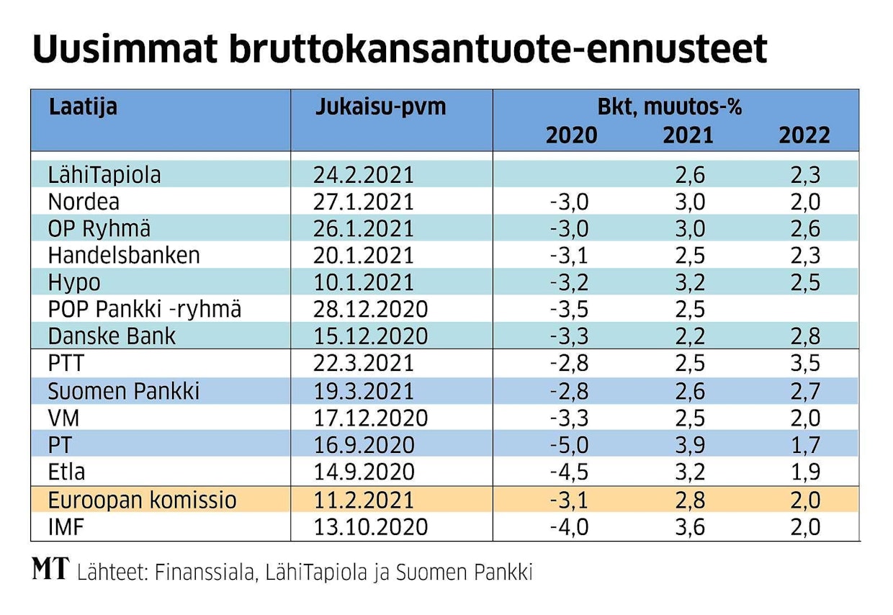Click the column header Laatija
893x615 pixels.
pyautogui.click(x=83, y=107)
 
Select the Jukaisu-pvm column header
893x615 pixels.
pyautogui.click(x=380, y=107)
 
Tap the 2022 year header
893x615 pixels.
pyautogui.click(x=804, y=135)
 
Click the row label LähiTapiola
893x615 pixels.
pyautogui.click(x=104, y=175)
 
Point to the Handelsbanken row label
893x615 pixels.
pyautogui.click(x=124, y=255)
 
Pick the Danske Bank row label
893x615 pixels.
pyautogui.click(x=112, y=336)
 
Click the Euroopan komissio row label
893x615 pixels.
pyautogui.click(x=142, y=500)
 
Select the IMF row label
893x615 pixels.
pyautogui.click(x=66, y=526)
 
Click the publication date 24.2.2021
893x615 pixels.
pyautogui.click(x=364, y=175)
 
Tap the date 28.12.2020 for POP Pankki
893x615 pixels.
pyautogui.click(x=370, y=309)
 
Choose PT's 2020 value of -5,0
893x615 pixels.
pyautogui.click(x=569, y=445)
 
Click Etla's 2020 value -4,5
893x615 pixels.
pyautogui.click(x=569, y=472)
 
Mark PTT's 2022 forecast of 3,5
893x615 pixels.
pyautogui.click(x=804, y=364)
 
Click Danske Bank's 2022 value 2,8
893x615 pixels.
pyautogui.click(x=804, y=336)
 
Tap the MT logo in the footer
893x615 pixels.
pyautogui.click(x=50, y=570)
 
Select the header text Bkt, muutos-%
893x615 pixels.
pyautogui.click(x=670, y=108)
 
